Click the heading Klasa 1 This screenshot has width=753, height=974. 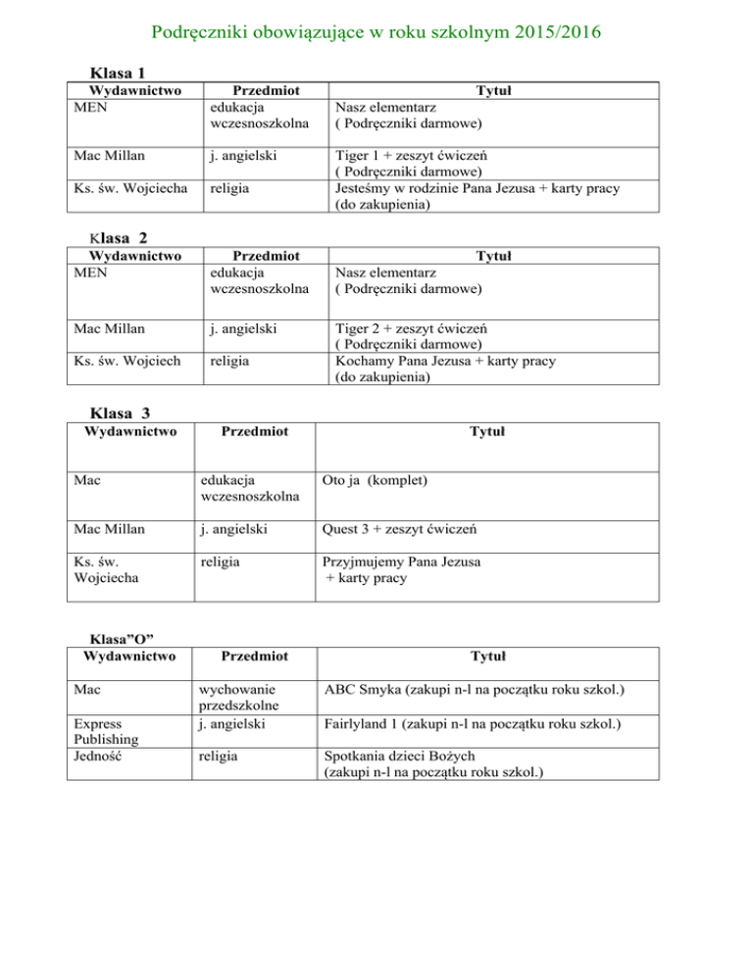point(118,73)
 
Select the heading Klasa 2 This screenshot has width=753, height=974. point(119,240)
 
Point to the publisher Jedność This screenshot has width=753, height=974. point(101,756)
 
